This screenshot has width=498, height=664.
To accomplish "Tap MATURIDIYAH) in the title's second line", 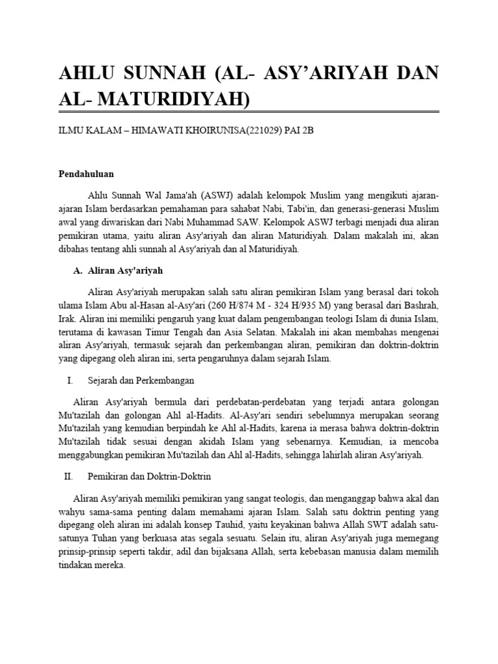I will click(x=172, y=98).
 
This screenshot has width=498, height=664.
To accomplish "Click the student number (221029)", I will click(x=257, y=130).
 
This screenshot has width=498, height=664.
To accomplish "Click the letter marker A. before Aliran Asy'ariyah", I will click(x=75, y=270).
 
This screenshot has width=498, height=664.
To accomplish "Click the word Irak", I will click(x=69, y=320).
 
